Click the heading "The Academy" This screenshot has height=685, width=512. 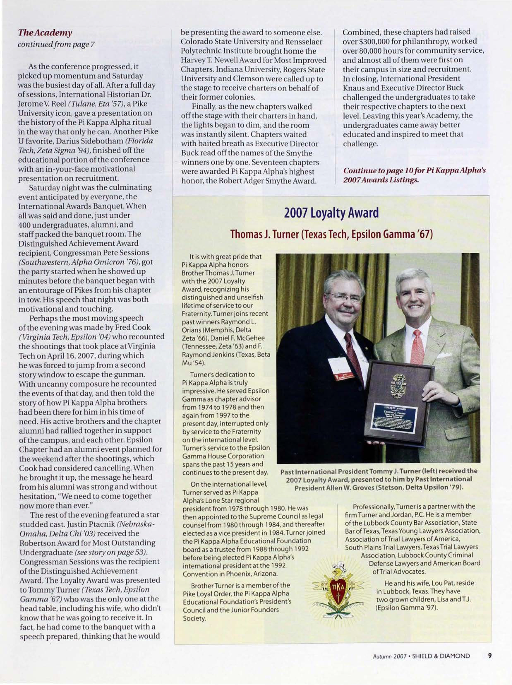[45, 33]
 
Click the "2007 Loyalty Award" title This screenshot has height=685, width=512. [331, 213]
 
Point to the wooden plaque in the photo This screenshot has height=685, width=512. [399, 403]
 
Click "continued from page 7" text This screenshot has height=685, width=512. [56, 44]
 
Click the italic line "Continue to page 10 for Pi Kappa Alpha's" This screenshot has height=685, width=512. [415, 171]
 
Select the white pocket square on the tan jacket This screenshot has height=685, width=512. [444, 355]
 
